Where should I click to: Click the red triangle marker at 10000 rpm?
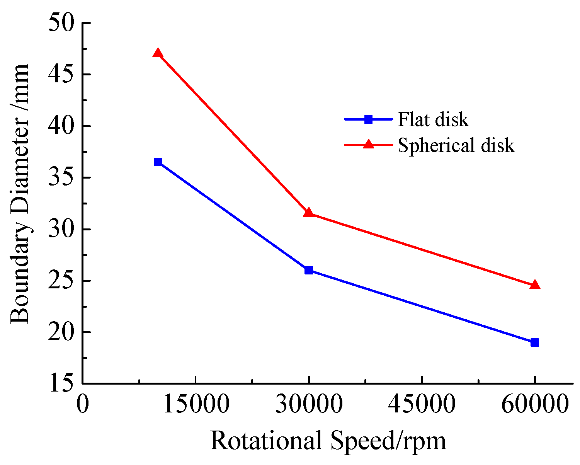coord(158,53)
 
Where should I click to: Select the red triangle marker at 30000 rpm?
coord(308,213)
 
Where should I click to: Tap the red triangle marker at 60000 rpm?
coord(535,285)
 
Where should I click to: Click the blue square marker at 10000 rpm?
coord(158,162)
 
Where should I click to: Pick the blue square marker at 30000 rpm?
coord(308,270)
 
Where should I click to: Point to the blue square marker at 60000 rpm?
coord(535,342)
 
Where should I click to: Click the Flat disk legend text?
coord(433,119)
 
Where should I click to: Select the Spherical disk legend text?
coord(456,145)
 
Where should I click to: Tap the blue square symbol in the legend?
coord(368,119)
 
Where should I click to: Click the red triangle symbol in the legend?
coord(368,145)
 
